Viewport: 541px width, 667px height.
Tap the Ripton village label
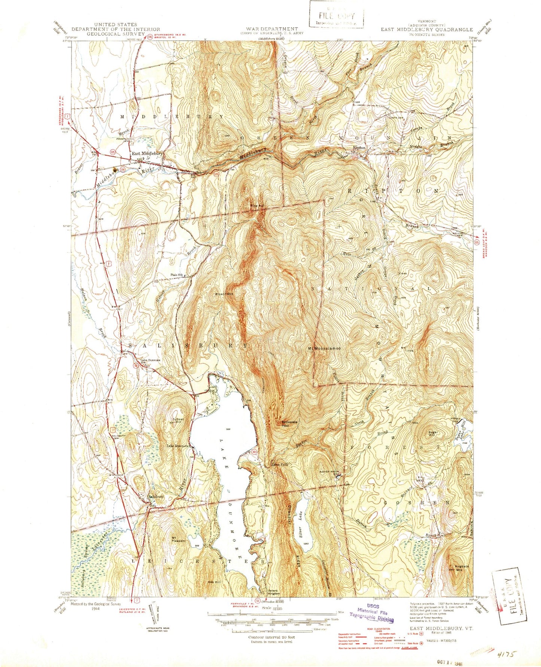point(359,148)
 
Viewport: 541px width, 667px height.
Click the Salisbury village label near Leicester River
point(156,497)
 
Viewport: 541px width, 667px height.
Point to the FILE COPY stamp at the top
point(335,15)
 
